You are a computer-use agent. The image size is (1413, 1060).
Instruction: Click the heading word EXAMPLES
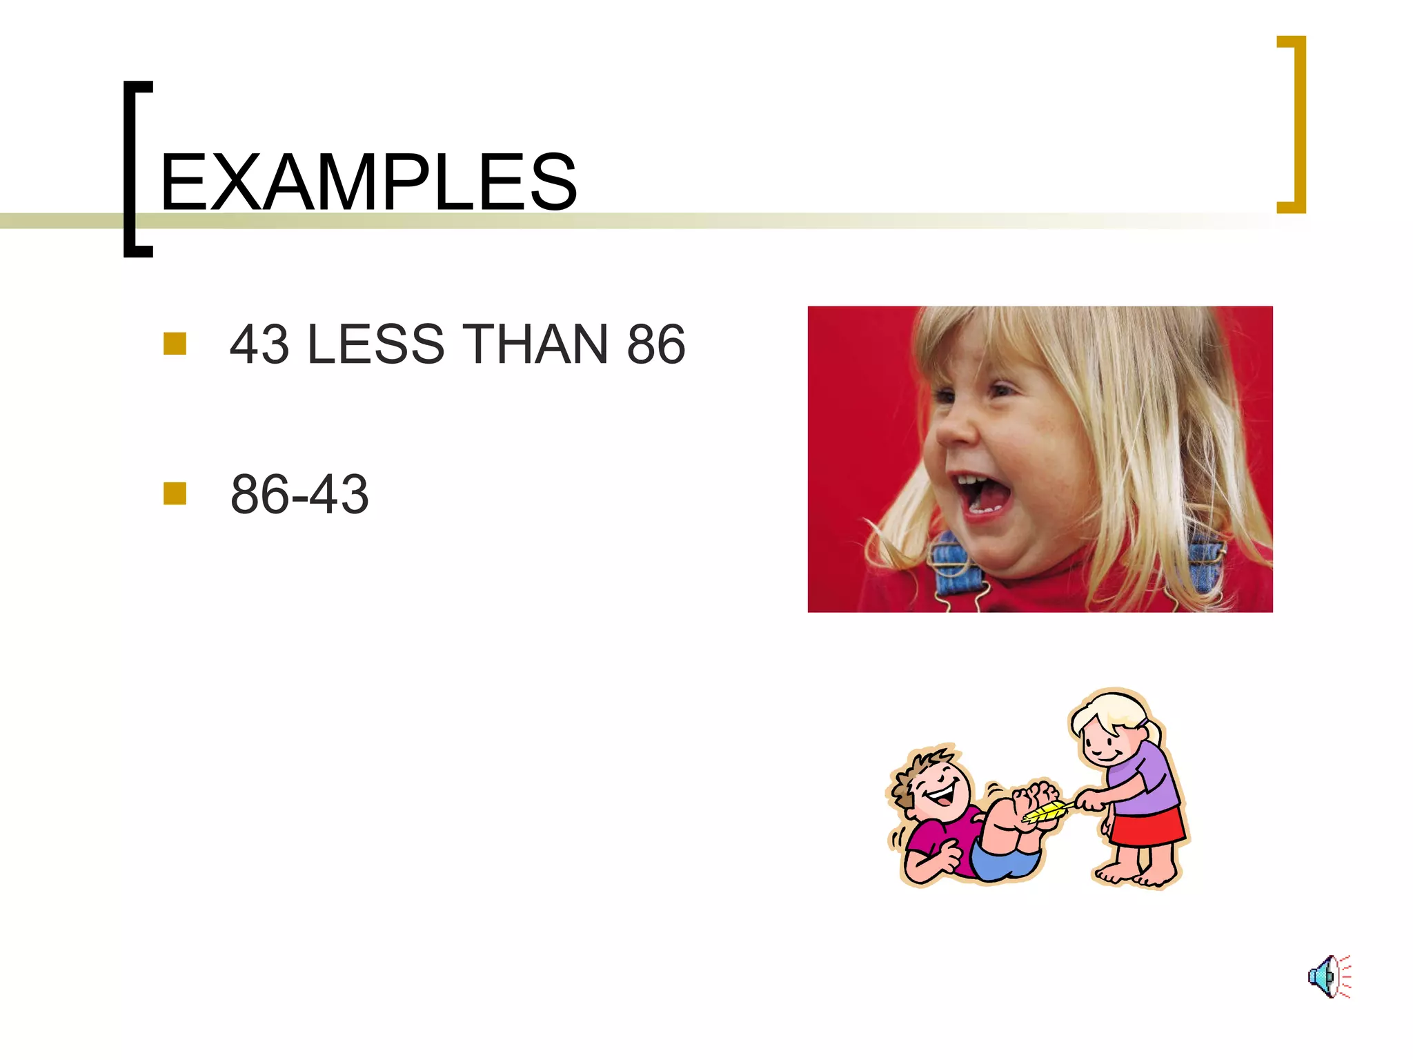(368, 183)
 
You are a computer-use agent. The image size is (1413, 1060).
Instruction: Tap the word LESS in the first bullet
(375, 344)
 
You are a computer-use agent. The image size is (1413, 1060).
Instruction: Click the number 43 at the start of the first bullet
(259, 344)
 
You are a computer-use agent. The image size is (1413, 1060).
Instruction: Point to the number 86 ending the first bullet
(655, 344)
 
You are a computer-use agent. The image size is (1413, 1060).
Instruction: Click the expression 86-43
(299, 494)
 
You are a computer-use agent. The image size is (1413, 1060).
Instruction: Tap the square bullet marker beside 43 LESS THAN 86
(175, 344)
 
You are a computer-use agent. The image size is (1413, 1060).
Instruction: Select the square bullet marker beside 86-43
(175, 493)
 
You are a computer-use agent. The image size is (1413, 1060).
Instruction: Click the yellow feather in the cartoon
(1047, 812)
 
